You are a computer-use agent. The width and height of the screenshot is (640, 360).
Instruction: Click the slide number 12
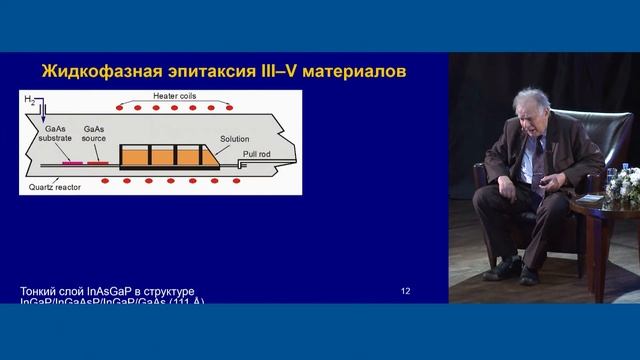pos(405,291)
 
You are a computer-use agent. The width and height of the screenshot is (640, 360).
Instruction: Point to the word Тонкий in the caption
pos(42,291)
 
